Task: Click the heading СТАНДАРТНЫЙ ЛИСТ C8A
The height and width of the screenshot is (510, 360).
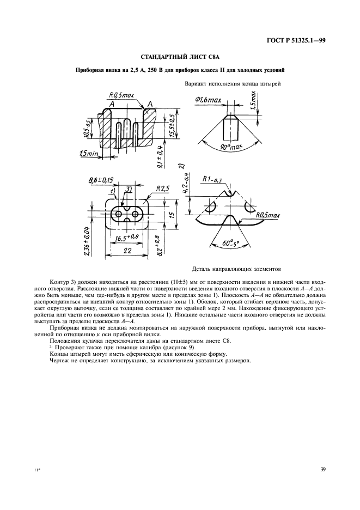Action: point(180,58)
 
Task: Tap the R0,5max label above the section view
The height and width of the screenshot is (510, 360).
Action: point(121,95)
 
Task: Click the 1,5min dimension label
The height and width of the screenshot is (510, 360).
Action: point(88,154)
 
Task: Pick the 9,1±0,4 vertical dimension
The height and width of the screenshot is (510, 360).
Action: point(160,156)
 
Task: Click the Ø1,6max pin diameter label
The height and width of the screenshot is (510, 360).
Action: point(208,100)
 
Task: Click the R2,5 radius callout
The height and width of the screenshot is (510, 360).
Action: point(163,189)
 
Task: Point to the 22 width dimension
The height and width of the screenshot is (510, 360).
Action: point(127,251)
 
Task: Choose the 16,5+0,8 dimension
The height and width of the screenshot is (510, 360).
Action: point(127,238)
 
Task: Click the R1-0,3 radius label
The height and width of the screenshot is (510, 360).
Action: point(213,180)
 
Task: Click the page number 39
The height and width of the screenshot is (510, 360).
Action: point(322,469)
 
